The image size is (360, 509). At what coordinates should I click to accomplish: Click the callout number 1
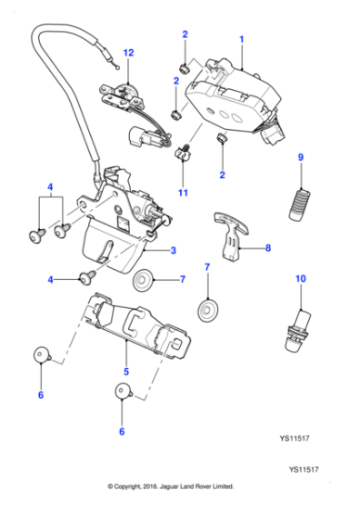click(x=242, y=40)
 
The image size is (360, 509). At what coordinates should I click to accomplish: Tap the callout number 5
click(x=126, y=372)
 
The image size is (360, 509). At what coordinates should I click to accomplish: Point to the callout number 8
click(x=268, y=247)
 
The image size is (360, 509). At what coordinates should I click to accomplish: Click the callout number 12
click(x=128, y=53)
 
